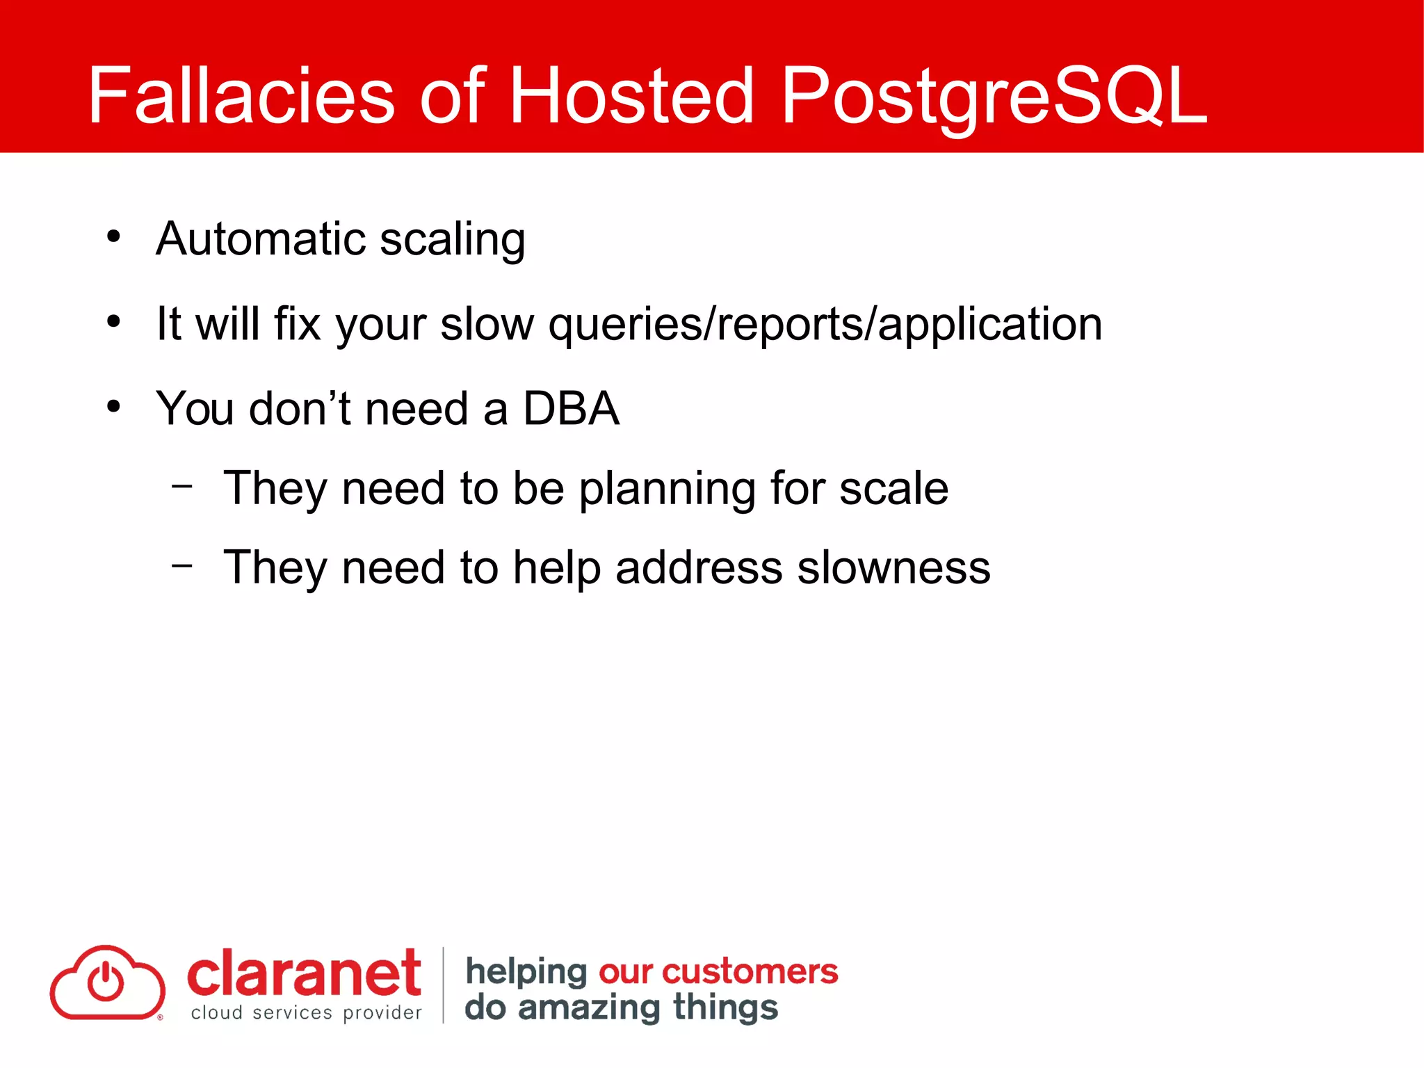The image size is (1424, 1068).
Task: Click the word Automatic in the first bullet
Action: [261, 239]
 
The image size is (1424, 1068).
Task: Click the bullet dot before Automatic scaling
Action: [113, 237]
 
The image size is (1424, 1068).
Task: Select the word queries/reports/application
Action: [825, 325]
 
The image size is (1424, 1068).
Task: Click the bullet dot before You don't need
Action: [113, 406]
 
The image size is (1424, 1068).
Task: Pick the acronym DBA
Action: [571, 409]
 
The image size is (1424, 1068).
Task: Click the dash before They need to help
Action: [182, 565]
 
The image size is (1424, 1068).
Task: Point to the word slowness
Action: [893, 568]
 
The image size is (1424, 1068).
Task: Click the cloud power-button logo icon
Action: [107, 982]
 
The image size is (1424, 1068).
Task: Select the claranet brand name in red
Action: [304, 973]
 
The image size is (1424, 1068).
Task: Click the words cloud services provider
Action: [306, 1013]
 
